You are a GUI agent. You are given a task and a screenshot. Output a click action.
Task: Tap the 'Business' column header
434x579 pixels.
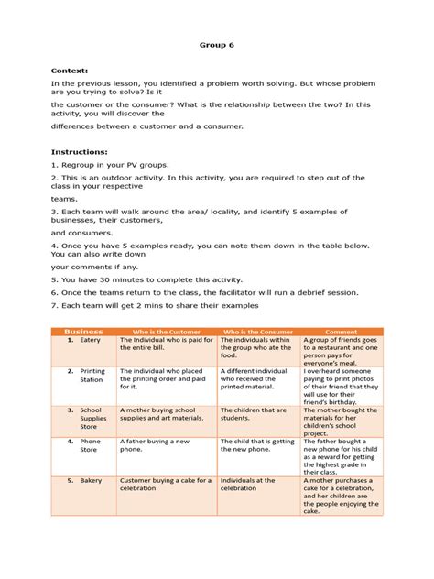click(84, 331)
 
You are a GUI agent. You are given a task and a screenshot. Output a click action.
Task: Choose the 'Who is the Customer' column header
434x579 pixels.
click(167, 331)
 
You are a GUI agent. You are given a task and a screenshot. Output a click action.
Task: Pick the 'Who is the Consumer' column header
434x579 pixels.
click(257, 331)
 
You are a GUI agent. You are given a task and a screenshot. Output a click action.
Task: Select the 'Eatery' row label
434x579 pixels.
click(90, 340)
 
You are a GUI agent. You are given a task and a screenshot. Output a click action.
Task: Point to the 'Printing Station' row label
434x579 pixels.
click(92, 376)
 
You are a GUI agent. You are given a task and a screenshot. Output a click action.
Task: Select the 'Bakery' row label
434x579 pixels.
click(91, 480)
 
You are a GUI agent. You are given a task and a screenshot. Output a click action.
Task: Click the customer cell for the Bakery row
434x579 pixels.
click(165, 485)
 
